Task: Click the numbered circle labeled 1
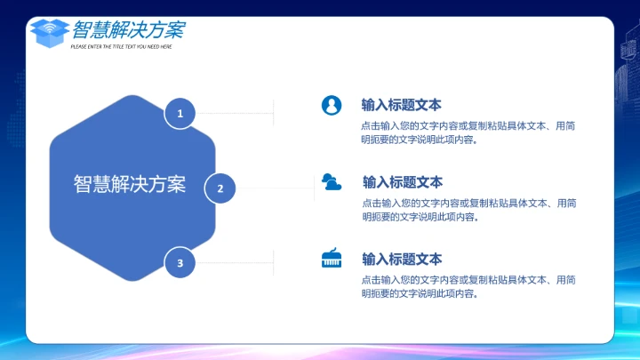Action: point(180,113)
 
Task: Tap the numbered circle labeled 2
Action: point(220,188)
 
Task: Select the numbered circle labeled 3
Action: point(180,262)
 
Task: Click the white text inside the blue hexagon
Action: point(130,184)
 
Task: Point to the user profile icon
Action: point(332,105)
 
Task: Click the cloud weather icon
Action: point(332,182)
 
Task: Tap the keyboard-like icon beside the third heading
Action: point(332,259)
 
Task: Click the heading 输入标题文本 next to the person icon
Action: point(401,105)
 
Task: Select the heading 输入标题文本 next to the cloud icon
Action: point(402,182)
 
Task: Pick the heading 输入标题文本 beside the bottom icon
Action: point(401,259)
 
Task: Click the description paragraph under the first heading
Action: point(468,132)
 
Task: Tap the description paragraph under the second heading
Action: point(468,210)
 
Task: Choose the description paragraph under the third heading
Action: point(468,286)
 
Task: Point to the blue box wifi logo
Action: point(50,33)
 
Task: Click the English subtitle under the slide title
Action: point(121,46)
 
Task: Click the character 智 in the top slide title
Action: point(83,29)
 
